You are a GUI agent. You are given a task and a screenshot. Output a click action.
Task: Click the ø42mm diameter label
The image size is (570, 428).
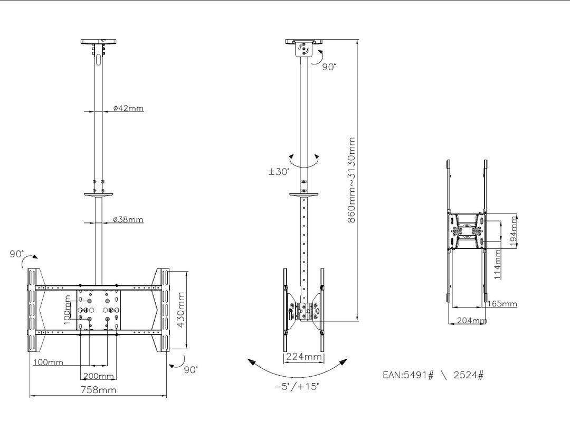coord(128,108)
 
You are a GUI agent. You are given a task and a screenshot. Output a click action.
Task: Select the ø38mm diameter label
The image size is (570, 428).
coord(128,219)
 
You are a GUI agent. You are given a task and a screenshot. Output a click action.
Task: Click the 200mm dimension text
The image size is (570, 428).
coord(99,376)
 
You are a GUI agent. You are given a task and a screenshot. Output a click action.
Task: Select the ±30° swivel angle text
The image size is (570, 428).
coord(279,172)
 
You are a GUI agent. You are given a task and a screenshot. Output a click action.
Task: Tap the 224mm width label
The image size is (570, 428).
coord(303,357)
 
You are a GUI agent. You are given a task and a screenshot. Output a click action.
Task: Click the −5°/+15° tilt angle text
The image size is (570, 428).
coord(297,386)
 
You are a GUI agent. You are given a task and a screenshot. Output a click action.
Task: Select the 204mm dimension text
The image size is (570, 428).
coord(471,320)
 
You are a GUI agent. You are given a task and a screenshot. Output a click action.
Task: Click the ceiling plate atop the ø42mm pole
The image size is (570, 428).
coord(100,41)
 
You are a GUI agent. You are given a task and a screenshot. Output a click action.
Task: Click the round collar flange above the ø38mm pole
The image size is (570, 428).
coord(100,195)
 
